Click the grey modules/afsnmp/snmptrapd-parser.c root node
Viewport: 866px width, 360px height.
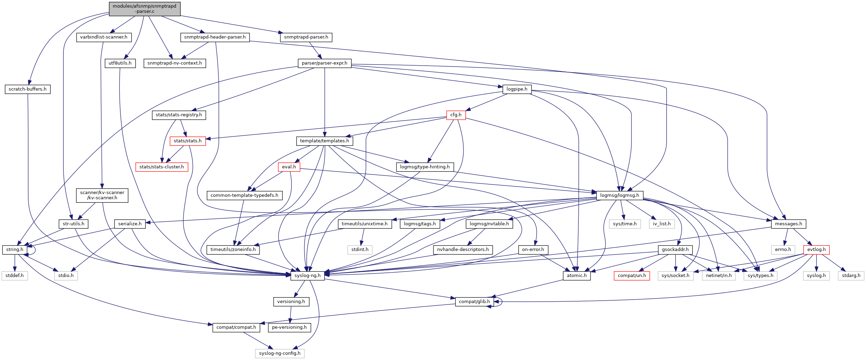pyautogui.click(x=144, y=9)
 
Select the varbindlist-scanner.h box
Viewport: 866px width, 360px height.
pyautogui.click(x=103, y=37)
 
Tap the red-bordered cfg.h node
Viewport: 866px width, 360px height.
pyautogui.click(x=456, y=115)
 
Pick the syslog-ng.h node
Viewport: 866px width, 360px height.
pyautogui.click(x=307, y=276)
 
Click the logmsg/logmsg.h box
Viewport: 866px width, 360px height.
pyautogui.click(x=619, y=195)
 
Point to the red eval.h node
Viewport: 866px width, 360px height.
pyautogui.click(x=289, y=167)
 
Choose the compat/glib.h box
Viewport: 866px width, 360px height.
pyautogui.click(x=474, y=302)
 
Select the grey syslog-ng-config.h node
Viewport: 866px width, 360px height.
pyautogui.click(x=280, y=353)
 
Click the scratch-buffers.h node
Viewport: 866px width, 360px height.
pyautogui.click(x=27, y=89)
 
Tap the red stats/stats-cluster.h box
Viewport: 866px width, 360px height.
pyautogui.click(x=162, y=167)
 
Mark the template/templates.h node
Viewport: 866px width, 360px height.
pyautogui.click(x=324, y=141)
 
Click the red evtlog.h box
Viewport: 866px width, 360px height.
pyautogui.click(x=816, y=250)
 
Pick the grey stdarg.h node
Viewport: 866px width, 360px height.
pyautogui.click(x=851, y=276)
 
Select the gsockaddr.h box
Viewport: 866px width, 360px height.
pyautogui.click(x=675, y=250)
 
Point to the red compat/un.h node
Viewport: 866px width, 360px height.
pyautogui.click(x=632, y=276)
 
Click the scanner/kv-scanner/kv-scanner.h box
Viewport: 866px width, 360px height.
pyautogui.click(x=102, y=195)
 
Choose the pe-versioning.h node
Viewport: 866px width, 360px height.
pyautogui.click(x=289, y=327)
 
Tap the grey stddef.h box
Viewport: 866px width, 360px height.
pyautogui.click(x=15, y=276)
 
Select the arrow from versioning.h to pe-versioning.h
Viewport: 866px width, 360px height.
pyautogui.click(x=290, y=315)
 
